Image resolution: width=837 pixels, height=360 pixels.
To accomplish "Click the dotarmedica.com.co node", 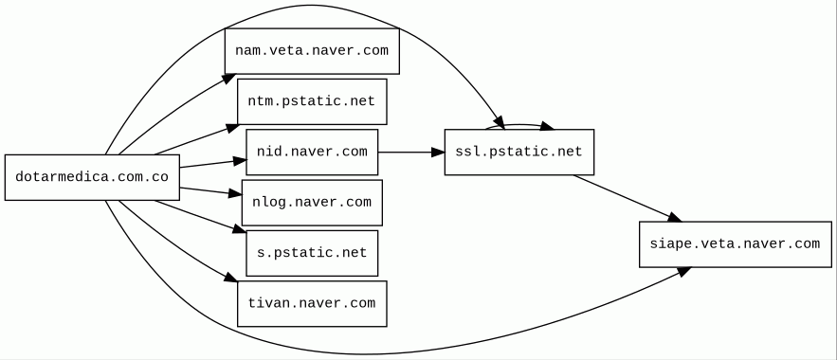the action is (x=92, y=177).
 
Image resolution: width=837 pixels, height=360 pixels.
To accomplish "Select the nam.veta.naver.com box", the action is (x=312, y=51).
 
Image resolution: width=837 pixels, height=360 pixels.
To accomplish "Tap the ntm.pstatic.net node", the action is (x=312, y=102).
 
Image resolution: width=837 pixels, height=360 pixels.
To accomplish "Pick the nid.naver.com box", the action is (x=312, y=152).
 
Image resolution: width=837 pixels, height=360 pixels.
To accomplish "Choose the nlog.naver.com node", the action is (x=312, y=203).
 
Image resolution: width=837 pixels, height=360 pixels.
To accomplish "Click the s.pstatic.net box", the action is (x=312, y=253).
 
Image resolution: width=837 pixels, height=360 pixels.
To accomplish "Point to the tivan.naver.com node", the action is (x=312, y=303).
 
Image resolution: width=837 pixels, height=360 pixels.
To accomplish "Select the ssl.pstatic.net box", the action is (x=519, y=152).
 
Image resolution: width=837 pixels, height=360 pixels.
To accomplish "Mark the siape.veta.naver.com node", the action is (x=735, y=244).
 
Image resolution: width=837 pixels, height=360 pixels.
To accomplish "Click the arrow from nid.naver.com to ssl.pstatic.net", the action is (x=411, y=153).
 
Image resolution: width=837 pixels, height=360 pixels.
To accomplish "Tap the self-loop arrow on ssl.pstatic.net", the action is (x=519, y=125).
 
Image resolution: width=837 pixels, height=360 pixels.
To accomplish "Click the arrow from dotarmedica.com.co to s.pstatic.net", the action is (x=200, y=216).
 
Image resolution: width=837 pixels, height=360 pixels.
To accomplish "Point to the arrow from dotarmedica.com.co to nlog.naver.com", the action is (x=210, y=191).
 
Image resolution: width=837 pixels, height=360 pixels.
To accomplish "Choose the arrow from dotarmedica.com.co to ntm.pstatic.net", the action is (x=196, y=139).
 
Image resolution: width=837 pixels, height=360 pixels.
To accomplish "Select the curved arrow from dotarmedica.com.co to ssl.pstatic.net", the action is (x=310, y=6).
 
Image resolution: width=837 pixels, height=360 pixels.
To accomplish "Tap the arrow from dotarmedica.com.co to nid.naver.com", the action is (x=213, y=164).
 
